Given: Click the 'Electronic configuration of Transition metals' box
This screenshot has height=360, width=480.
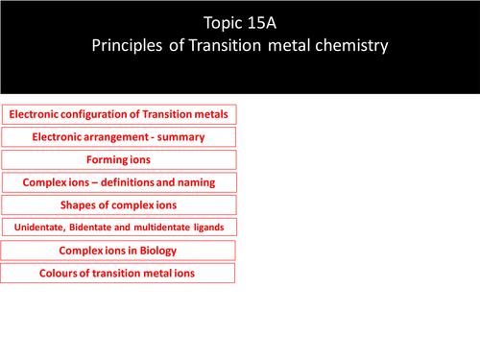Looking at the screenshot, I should [x=119, y=114].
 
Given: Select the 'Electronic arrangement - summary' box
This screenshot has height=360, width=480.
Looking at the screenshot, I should [x=119, y=137].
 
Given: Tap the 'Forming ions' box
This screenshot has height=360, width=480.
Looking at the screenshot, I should [x=119, y=159].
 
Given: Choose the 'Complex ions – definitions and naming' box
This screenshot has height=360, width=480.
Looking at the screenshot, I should [x=119, y=181].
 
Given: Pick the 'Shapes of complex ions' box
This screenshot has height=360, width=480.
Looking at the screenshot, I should [x=119, y=204].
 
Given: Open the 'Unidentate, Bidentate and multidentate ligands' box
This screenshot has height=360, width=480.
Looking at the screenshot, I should [x=119, y=228].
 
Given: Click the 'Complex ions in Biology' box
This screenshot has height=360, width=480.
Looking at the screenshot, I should [x=119, y=251].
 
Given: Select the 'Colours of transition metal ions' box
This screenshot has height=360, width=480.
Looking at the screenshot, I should [x=119, y=274].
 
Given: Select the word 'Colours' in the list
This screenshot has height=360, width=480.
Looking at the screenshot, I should [x=60, y=274].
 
